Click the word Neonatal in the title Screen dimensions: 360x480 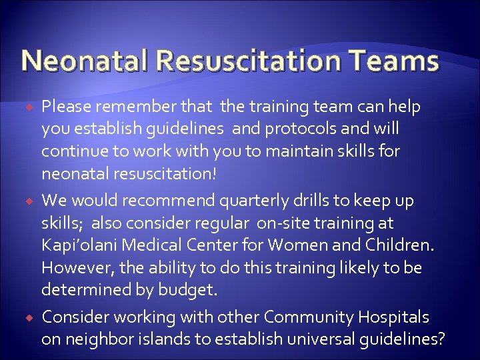point(87,61)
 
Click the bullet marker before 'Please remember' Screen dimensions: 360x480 point(29,107)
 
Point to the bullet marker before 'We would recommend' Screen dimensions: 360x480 point(29,201)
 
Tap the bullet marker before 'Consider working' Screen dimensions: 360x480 point(29,317)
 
